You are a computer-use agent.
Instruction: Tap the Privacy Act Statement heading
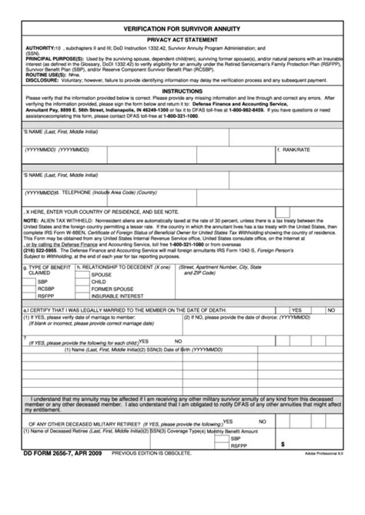pyautogui.click(x=182, y=37)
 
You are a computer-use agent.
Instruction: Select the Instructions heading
pyautogui.click(x=182, y=90)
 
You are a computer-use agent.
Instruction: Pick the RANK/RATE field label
pyautogui.click(x=296, y=149)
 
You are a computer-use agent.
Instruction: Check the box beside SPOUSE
pyautogui.click(x=84, y=275)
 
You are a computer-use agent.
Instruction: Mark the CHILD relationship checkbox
pyautogui.click(x=84, y=282)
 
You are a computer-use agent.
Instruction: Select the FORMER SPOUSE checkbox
pyautogui.click(x=84, y=289)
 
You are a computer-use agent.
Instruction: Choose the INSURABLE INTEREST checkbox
pyautogui.click(x=84, y=296)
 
